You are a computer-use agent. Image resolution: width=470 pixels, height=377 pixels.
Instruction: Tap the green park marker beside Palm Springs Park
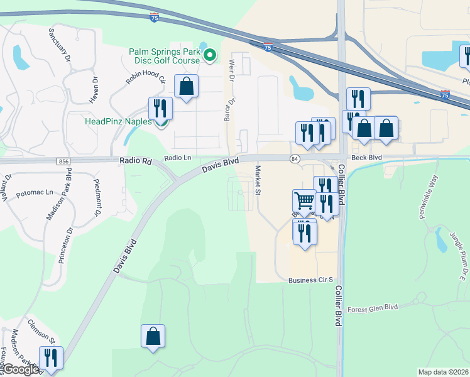click(211, 56)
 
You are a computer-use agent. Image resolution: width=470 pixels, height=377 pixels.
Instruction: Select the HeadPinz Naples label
click(118, 121)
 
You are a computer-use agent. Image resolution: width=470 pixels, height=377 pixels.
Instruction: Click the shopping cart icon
click(304, 201)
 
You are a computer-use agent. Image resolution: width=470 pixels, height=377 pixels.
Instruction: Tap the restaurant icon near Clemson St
click(51, 358)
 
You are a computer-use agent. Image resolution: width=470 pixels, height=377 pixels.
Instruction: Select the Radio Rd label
click(135, 161)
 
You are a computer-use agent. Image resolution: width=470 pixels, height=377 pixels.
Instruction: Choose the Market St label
click(258, 180)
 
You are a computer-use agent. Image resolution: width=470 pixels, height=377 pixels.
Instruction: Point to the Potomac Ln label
click(35, 192)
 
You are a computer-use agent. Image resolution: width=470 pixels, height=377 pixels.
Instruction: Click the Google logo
click(20, 370)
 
